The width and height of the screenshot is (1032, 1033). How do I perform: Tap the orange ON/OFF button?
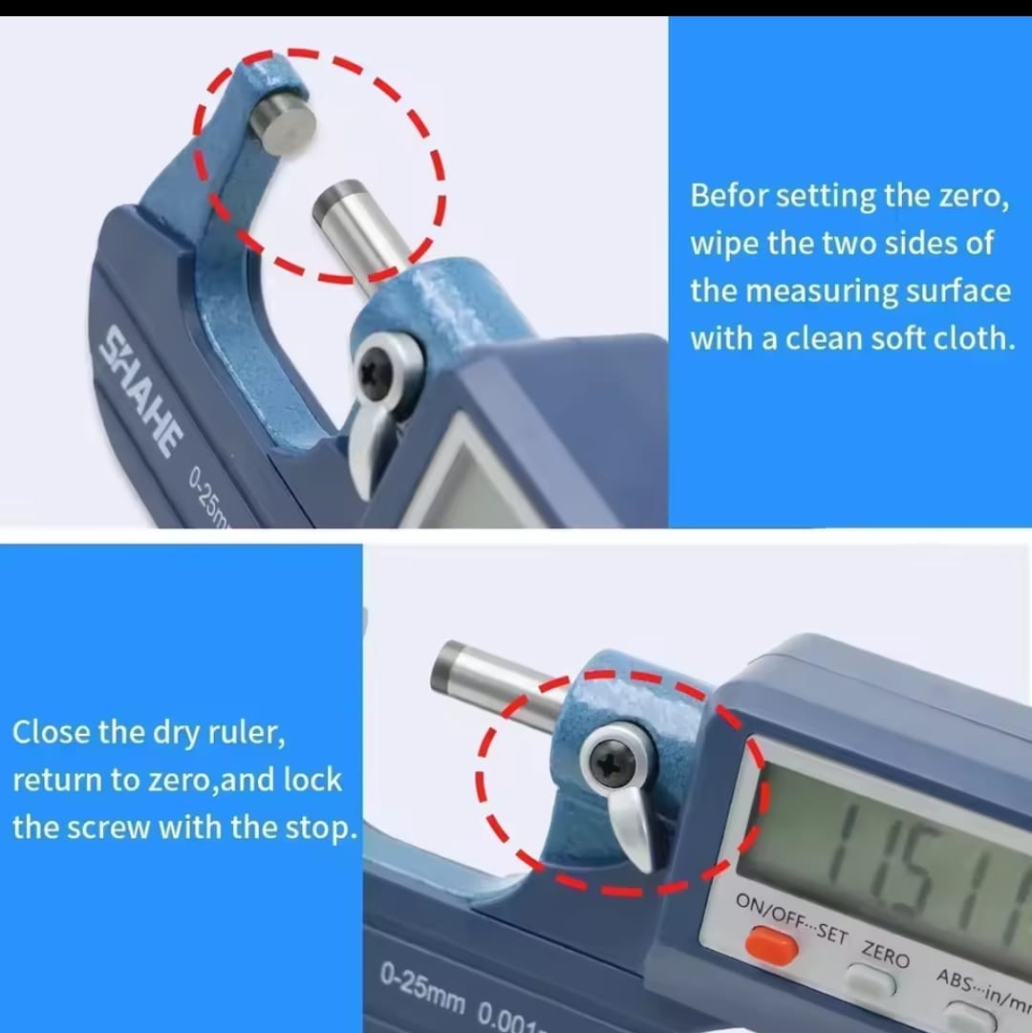(x=771, y=946)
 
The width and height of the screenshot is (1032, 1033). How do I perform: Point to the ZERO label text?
(x=886, y=954)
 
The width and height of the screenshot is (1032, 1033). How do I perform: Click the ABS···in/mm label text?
(x=982, y=989)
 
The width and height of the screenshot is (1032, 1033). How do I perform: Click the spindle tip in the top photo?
(x=338, y=201)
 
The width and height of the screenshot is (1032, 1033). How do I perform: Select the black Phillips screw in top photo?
(x=375, y=374)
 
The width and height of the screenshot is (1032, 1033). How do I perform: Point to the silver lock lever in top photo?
(x=369, y=448)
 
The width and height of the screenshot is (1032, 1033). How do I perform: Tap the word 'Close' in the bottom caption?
(x=50, y=732)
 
